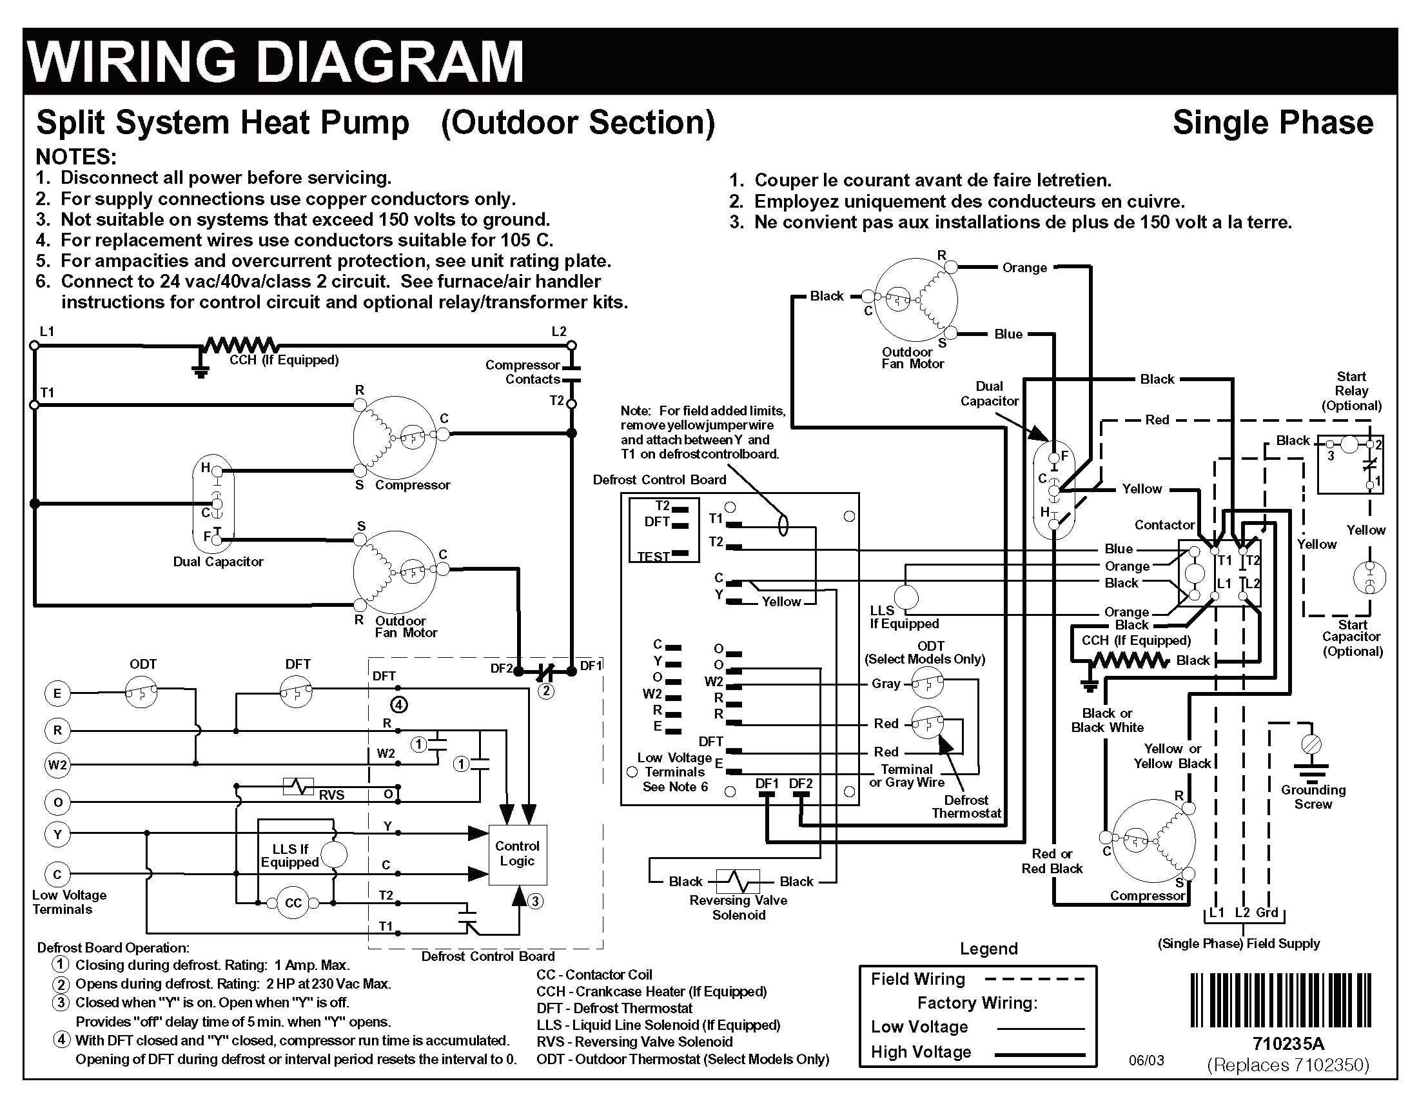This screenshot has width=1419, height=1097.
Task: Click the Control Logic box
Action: coord(517,854)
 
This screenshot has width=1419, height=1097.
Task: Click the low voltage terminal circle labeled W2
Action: coord(57,765)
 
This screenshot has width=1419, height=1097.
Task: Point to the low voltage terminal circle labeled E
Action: coord(57,693)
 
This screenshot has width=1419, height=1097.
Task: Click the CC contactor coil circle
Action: coord(293,903)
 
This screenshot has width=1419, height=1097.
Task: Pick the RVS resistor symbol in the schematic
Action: coord(298,787)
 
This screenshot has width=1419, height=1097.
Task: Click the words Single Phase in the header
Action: coord(1272,123)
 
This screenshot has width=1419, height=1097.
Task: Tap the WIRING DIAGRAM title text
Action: coord(276,62)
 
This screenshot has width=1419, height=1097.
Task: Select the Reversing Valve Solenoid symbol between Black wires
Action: coord(738,881)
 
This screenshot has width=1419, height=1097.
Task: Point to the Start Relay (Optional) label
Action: coord(1351,391)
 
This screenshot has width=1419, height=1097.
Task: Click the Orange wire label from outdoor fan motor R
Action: coord(1024,268)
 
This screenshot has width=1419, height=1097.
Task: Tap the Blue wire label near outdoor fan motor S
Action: coord(1008,334)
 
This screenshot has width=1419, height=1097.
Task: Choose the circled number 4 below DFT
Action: coord(399,704)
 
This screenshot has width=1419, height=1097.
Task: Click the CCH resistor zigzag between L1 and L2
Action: coord(242,345)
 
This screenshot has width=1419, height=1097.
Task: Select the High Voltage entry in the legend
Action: coord(921,1052)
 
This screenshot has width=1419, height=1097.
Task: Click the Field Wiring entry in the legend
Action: coord(917,980)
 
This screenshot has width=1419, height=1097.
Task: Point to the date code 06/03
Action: coord(1146,1061)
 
